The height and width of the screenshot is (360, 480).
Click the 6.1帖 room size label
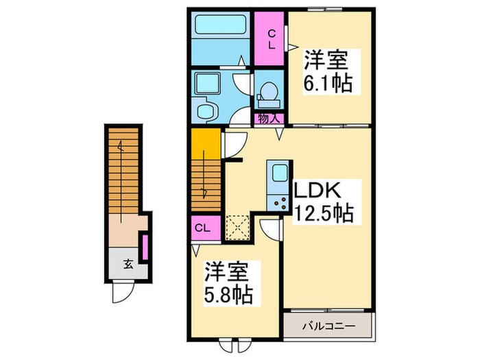[327, 84]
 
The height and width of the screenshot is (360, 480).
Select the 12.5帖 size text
[324, 214]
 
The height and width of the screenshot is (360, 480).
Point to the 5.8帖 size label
[228, 296]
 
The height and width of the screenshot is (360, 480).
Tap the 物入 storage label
[269, 119]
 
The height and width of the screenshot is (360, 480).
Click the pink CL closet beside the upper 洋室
[271, 38]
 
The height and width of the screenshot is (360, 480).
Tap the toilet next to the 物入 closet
[269, 92]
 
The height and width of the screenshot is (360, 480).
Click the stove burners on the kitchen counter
[279, 202]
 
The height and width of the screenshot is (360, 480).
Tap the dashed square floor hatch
[237, 226]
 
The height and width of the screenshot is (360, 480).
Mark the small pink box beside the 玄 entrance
[145, 248]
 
